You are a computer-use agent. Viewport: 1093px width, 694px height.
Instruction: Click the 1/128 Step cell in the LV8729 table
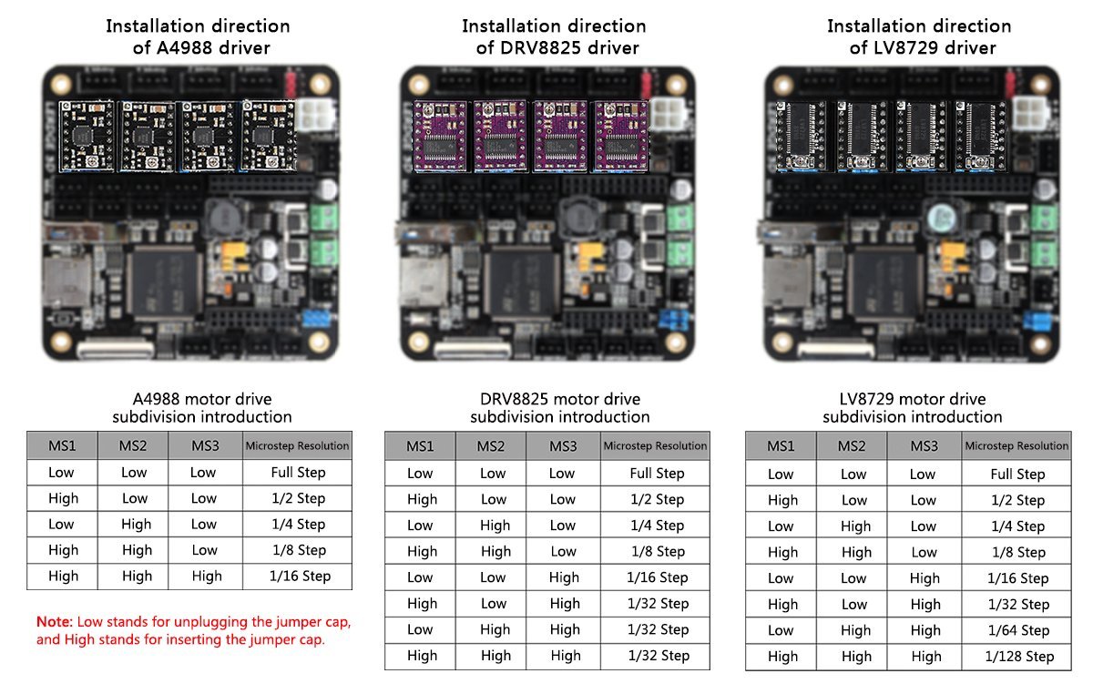pos(1017,657)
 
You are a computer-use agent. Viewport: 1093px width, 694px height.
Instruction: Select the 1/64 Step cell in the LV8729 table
pos(1017,630)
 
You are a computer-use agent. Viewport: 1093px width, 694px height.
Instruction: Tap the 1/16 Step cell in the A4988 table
pos(297,576)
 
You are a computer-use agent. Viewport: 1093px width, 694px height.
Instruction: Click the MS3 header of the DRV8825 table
pos(563,446)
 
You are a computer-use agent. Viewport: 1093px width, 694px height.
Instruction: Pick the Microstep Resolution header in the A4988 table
pos(297,446)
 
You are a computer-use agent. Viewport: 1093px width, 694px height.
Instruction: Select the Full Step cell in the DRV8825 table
pos(656,474)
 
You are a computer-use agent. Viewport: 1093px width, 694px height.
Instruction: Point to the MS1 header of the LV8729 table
pos(781,446)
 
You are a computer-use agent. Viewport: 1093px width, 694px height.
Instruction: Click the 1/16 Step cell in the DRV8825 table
pos(656,577)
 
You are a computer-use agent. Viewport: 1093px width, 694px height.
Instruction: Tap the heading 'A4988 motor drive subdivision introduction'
pos(202,408)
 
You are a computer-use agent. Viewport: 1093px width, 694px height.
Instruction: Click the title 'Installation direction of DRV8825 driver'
pos(554,36)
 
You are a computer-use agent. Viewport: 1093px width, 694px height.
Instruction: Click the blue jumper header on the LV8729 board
pos(1035,321)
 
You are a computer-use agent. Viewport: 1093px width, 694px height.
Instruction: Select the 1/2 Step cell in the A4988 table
pos(297,498)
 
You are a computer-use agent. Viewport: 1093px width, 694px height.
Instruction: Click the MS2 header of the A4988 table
pos(134,446)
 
